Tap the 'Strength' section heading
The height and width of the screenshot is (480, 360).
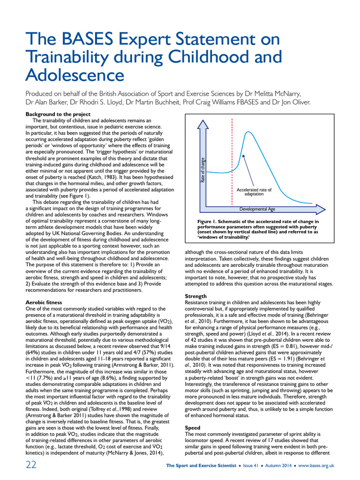196,297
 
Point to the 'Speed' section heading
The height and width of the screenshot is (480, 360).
193,427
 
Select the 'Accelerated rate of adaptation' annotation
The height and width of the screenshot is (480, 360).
254,191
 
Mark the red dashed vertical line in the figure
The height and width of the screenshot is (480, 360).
232,159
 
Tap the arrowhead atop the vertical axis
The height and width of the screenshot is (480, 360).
202,124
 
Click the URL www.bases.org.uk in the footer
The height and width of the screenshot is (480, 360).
316,465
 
